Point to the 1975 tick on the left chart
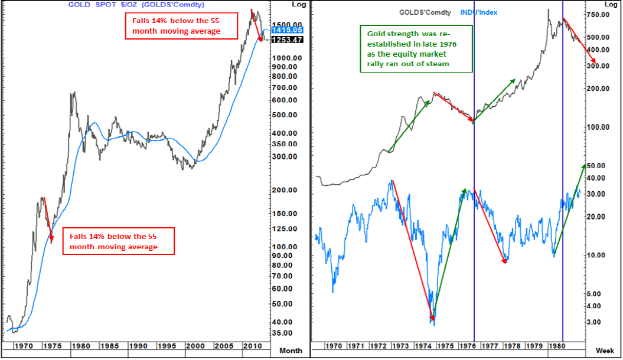pyautogui.click(x=52, y=345)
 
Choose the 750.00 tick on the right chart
pyautogui.click(x=604, y=14)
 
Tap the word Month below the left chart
pyautogui.click(x=291, y=351)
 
